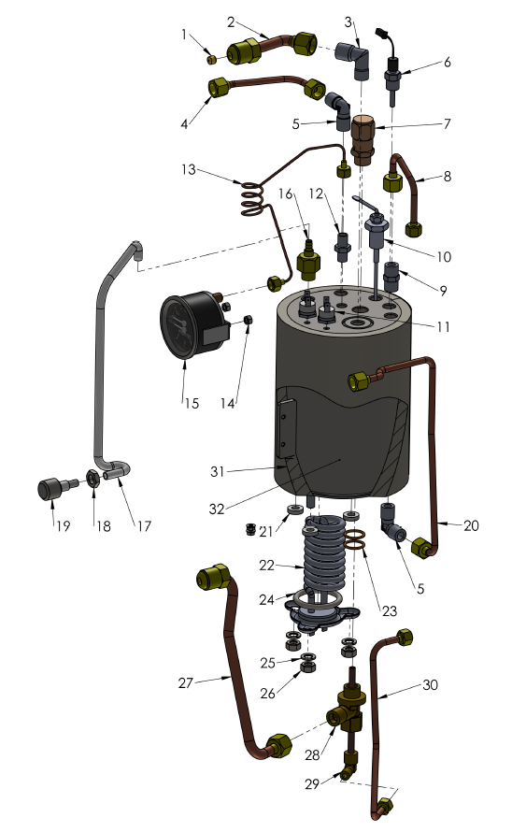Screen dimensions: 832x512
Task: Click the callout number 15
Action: (190, 403)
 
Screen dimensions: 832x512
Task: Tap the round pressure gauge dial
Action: (186, 332)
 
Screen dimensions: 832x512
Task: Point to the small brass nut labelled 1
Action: (212, 60)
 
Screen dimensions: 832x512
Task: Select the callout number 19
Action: (52, 526)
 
